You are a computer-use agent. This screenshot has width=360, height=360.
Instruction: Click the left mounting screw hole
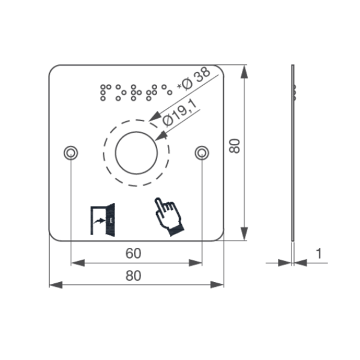[x=71, y=152]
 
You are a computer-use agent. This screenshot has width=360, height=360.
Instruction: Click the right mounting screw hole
[x=202, y=153]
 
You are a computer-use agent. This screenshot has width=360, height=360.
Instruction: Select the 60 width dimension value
[x=133, y=254]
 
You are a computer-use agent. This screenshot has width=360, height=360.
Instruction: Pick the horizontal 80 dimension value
[x=133, y=276]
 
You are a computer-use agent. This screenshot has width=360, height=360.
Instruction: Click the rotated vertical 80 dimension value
[x=235, y=145]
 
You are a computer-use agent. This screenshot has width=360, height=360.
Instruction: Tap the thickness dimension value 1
[x=319, y=254]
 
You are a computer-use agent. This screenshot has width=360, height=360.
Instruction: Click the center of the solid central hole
[x=137, y=152]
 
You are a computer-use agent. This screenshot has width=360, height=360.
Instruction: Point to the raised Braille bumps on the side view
[x=295, y=91]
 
